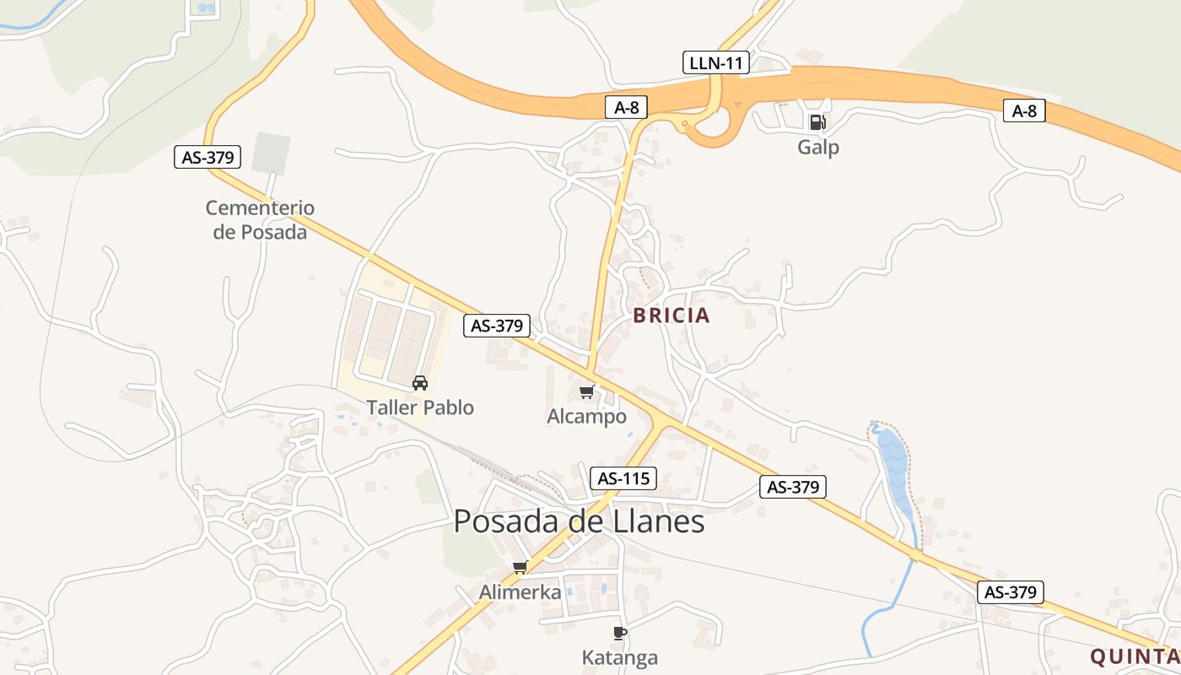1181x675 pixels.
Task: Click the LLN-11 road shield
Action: [x=715, y=62]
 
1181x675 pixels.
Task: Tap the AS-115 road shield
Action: [x=623, y=478]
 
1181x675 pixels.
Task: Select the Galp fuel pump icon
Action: [x=817, y=122]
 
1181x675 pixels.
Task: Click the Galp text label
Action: [x=818, y=148]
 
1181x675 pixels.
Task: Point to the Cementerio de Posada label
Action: [x=260, y=219]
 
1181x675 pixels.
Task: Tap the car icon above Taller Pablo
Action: [x=419, y=383]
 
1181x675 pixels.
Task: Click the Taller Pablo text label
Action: [x=420, y=408]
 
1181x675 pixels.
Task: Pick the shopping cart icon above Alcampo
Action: [x=587, y=391]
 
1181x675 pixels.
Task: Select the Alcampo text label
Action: [x=587, y=416]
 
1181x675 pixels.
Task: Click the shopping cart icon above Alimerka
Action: [x=520, y=567]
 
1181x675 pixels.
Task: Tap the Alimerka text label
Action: [x=520, y=592]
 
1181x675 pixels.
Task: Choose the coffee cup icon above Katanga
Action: [x=620, y=633]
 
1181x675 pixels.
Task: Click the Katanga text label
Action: [x=620, y=657]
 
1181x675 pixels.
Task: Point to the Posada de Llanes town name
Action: [x=579, y=521]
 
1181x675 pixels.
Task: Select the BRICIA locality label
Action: [x=671, y=316]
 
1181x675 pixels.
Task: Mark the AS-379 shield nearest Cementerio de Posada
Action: [x=208, y=156]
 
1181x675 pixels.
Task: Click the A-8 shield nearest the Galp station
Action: [x=1024, y=111]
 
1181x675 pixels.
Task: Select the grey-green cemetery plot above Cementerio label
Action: [x=271, y=154]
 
